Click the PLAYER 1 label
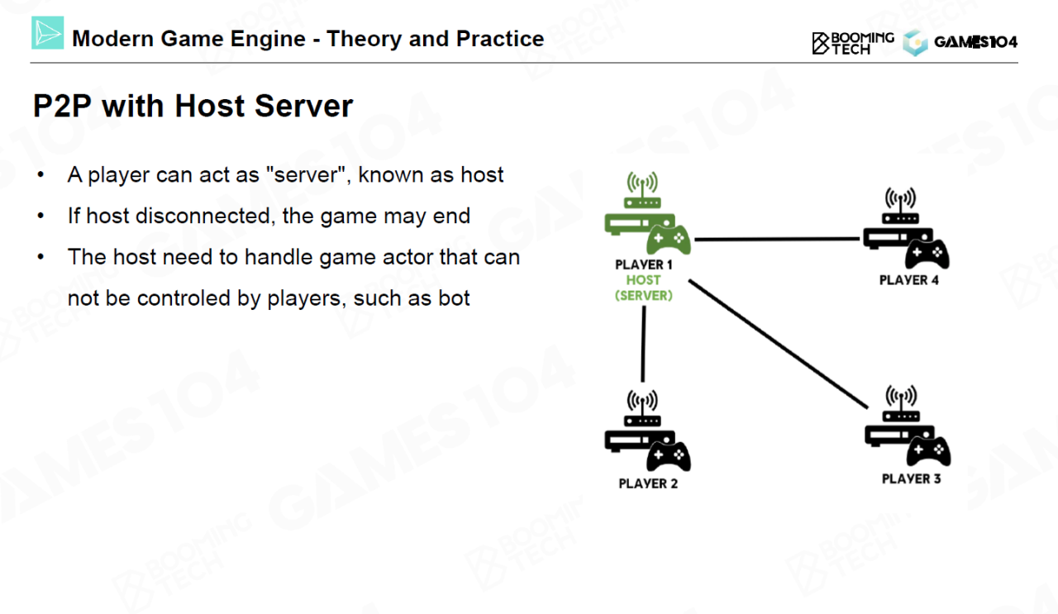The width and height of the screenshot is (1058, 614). pos(644,264)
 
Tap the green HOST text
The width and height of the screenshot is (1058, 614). pos(643,280)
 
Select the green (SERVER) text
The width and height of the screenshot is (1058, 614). pos(643,295)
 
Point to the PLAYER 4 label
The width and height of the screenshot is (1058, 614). pos(908,280)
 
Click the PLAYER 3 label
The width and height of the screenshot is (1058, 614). pos(911,478)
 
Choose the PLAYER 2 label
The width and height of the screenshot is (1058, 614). pos(648,483)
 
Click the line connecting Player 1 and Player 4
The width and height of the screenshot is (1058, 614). pos(777,240)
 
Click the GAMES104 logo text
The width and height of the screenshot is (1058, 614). pos(975,42)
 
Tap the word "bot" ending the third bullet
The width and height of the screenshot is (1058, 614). pos(454,297)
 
